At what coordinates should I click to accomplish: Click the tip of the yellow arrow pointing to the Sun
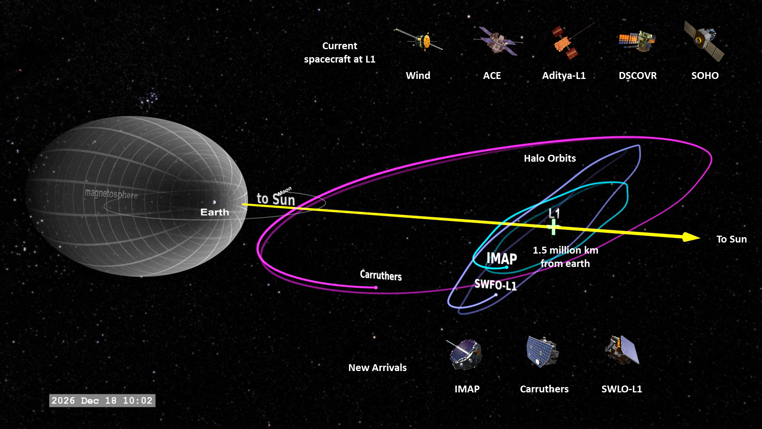[x=700, y=238]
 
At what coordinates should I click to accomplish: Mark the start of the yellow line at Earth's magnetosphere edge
[x=243, y=205]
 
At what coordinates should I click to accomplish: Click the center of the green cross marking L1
[x=554, y=228]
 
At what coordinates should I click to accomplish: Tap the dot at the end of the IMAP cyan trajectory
[x=506, y=267]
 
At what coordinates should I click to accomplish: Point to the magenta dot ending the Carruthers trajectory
[x=376, y=288]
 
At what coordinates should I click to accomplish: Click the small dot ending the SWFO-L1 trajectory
[x=496, y=295]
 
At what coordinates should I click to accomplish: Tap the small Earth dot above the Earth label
[x=214, y=202]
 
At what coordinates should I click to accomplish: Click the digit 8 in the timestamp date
[x=114, y=400]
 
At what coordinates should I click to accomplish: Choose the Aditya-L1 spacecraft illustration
[x=570, y=42]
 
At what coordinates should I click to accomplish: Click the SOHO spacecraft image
[x=704, y=41]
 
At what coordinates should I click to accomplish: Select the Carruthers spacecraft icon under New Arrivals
[x=543, y=351]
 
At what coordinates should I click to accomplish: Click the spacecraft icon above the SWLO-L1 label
[x=622, y=350]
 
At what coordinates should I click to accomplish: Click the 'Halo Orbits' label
[x=550, y=158]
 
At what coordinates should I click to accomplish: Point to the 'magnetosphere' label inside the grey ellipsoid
[x=111, y=194]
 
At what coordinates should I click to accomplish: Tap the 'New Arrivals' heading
[x=378, y=368]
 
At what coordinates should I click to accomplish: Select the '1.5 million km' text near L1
[x=565, y=250]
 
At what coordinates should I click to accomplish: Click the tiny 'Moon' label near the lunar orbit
[x=285, y=191]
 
